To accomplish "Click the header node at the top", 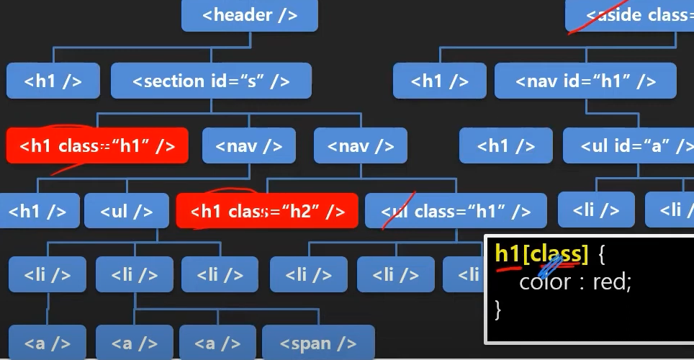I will pyautogui.click(x=249, y=16).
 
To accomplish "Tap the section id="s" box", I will pyautogui.click(x=211, y=81).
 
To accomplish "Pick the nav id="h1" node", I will pyautogui.click(x=585, y=81).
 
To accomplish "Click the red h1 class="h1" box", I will pyautogui.click(x=97, y=146).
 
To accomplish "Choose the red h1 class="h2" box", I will pyautogui.click(x=267, y=211).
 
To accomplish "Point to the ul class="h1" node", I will pyautogui.click(x=456, y=211).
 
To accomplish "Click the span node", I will pyautogui.click(x=318, y=343).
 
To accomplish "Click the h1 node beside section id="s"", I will pyautogui.click(x=53, y=81).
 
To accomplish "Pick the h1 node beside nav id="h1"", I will pyautogui.click(x=440, y=81).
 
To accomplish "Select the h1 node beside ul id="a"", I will pyautogui.click(x=506, y=146).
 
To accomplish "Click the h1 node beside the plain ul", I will pyautogui.click(x=36, y=211).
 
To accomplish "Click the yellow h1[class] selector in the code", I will pyautogui.click(x=541, y=254).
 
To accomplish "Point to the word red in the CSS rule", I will pyautogui.click(x=611, y=282).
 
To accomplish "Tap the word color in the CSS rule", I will pyautogui.click(x=545, y=282).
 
